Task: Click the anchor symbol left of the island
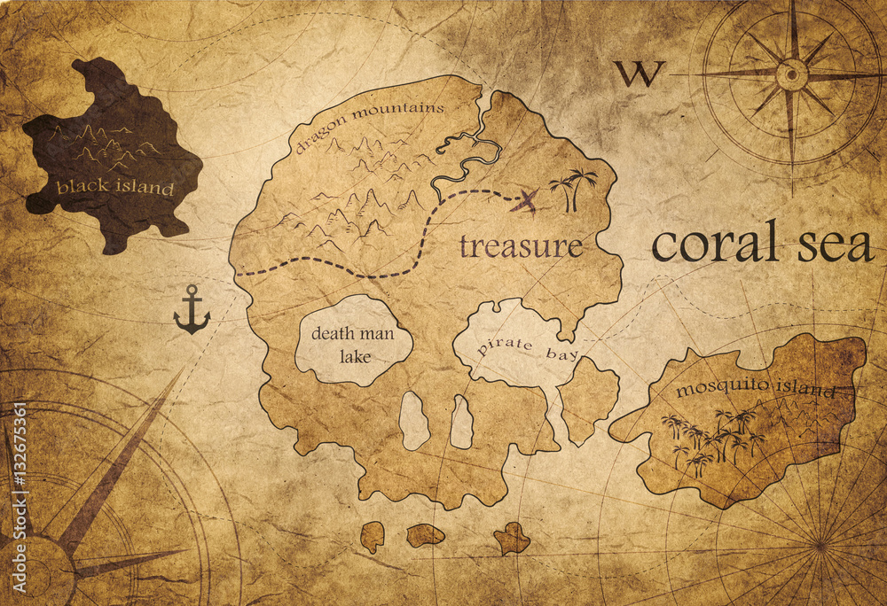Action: point(192,310)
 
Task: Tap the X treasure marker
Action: point(524,201)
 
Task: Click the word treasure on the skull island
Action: point(521,246)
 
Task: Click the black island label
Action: point(115,188)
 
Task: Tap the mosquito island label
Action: point(755,388)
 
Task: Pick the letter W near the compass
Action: point(640,74)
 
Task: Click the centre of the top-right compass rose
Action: point(791,74)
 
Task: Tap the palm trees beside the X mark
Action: point(572,189)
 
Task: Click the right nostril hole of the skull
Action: point(461,422)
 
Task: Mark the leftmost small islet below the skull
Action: point(373,536)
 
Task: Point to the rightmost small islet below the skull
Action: point(512,538)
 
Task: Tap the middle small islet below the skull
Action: point(425,534)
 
